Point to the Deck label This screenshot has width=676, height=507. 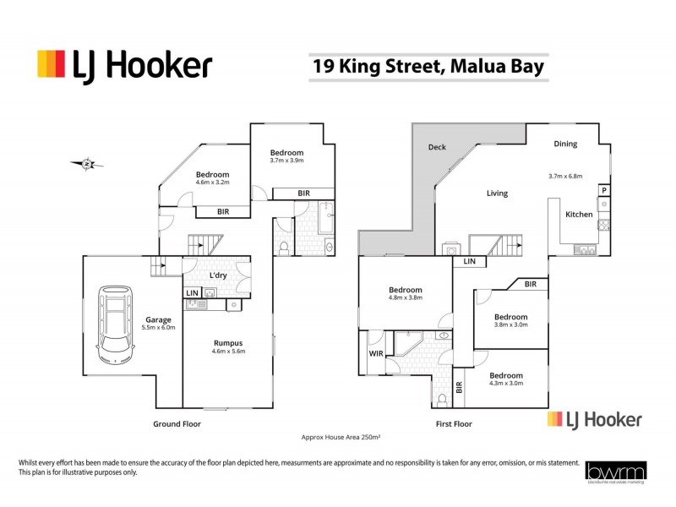[x=437, y=147]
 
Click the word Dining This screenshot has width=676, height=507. [x=565, y=144]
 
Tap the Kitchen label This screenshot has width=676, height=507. [x=579, y=215]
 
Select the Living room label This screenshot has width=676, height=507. [x=497, y=194]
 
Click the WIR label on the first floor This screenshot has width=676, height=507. [x=376, y=354]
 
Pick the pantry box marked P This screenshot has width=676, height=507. [x=604, y=191]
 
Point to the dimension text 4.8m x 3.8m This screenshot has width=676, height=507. [x=405, y=297]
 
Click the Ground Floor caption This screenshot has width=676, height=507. [x=177, y=424]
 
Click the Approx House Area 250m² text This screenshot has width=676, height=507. [x=341, y=437]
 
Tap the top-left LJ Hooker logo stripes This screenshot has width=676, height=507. [x=51, y=64]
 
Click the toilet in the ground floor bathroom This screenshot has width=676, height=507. [x=285, y=247]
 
